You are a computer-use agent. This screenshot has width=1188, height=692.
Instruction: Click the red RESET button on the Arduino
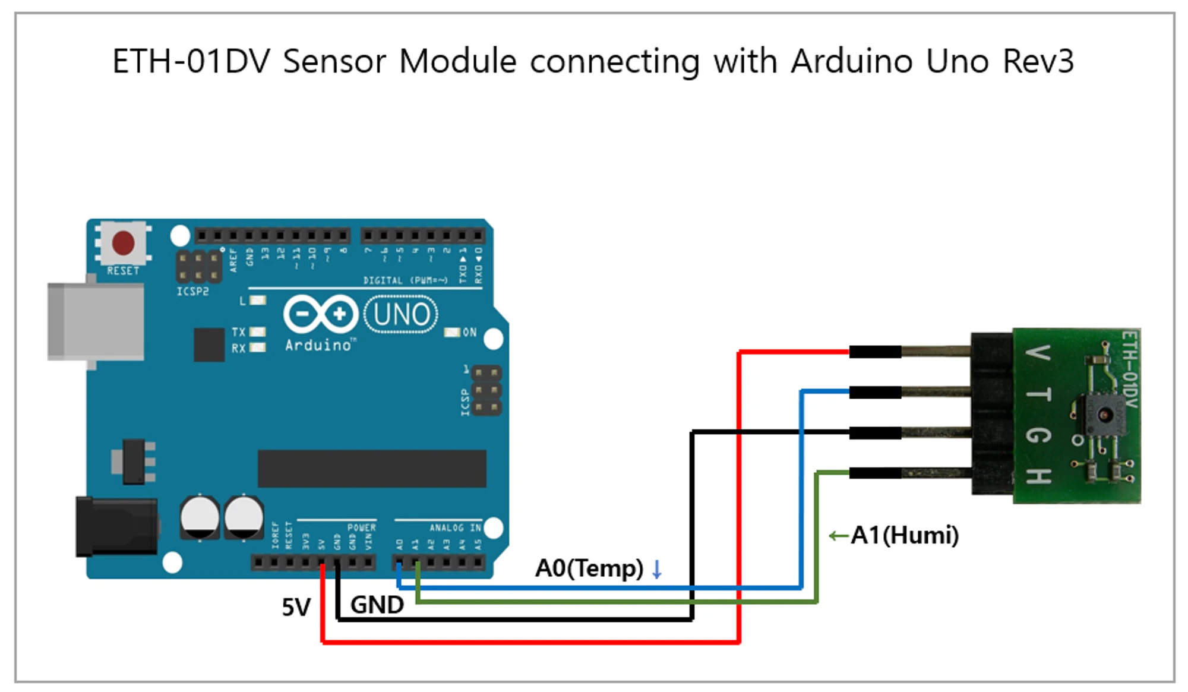point(123,243)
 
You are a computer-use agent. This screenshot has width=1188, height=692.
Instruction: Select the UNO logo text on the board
point(402,315)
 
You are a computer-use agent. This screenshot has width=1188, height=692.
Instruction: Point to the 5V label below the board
point(296,607)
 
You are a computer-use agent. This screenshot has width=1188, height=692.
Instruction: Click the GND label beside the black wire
point(377,605)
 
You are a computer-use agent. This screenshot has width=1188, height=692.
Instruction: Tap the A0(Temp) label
point(589,568)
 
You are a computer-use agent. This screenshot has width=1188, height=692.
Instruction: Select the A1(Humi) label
point(904,535)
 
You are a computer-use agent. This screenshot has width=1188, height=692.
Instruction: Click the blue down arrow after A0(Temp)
point(656,569)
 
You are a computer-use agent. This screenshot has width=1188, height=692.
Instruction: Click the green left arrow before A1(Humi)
point(838,536)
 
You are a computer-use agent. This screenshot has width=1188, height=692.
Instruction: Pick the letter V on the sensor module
point(1038,353)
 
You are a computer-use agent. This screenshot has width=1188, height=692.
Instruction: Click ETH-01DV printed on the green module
point(1129,369)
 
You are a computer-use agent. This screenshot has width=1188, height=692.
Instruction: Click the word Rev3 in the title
point(1038,61)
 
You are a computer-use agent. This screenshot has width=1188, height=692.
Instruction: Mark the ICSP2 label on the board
point(192,292)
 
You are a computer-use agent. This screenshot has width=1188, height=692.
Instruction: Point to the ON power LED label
point(469,332)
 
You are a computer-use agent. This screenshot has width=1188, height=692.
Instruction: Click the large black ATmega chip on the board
point(372,468)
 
